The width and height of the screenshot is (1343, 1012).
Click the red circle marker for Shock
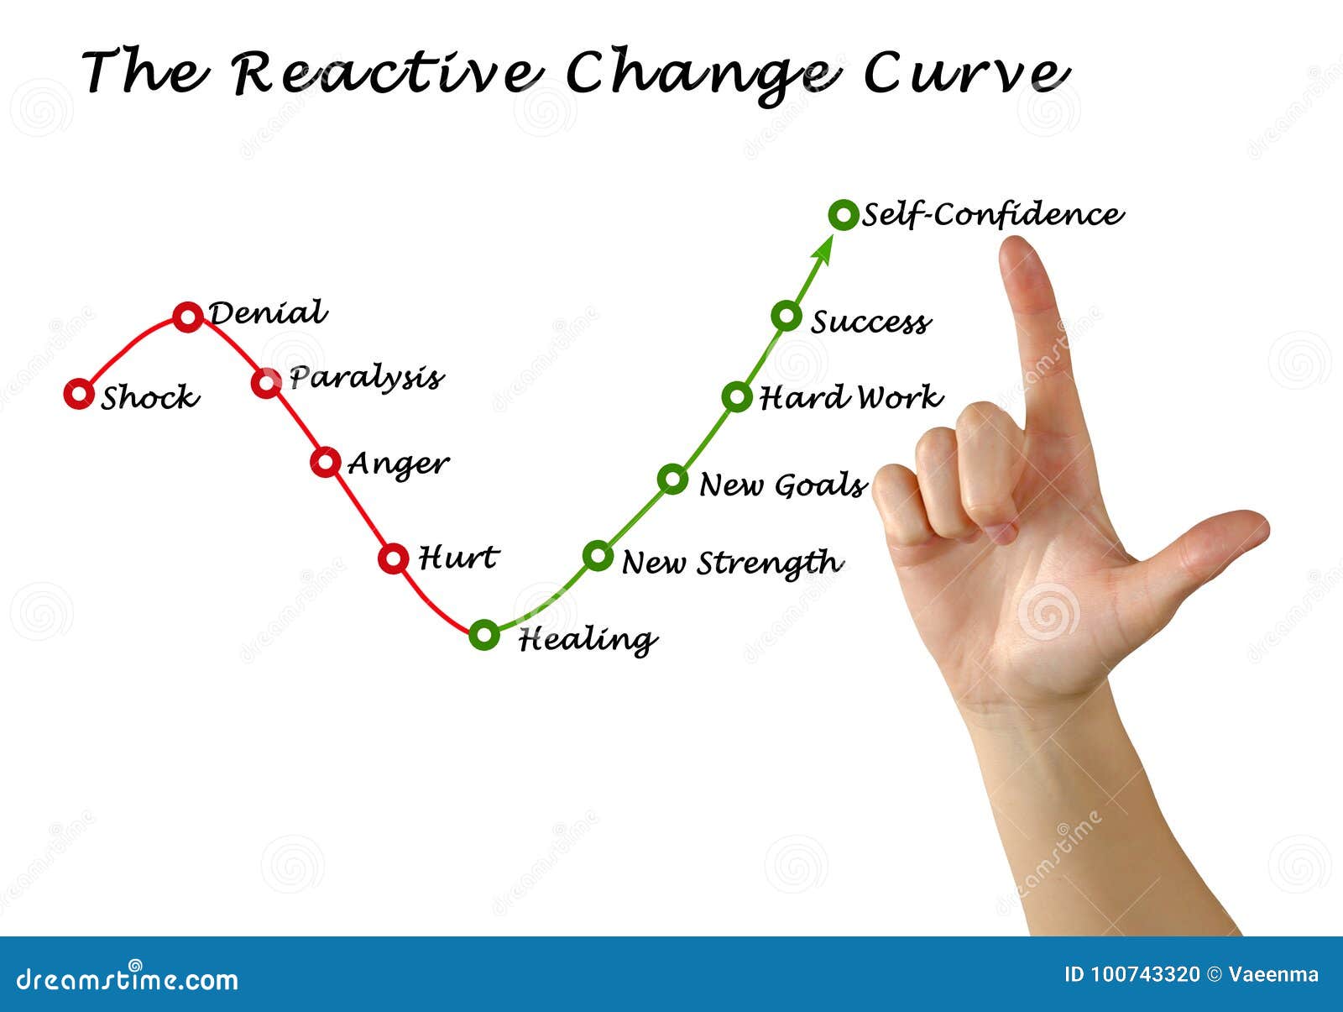[x=79, y=393]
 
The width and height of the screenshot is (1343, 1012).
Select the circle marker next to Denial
[x=188, y=317]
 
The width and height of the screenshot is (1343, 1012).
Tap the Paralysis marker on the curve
[x=266, y=383]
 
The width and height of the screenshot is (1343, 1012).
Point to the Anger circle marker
[x=326, y=462]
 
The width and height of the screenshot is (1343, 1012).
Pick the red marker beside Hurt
[x=393, y=558]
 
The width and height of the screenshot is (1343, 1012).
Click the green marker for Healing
[x=484, y=635]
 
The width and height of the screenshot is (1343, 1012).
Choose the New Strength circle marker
[x=598, y=555]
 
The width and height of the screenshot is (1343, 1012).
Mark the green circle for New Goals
[x=672, y=479]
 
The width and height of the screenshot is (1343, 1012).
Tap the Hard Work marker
[x=736, y=396]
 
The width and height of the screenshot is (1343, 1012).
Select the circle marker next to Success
[x=786, y=316]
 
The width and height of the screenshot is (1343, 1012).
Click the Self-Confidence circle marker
[x=843, y=215]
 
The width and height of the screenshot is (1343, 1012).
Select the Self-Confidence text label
[x=992, y=215]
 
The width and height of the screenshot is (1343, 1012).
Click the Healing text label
[x=588, y=640]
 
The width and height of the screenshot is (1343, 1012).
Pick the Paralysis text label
[x=366, y=378]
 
